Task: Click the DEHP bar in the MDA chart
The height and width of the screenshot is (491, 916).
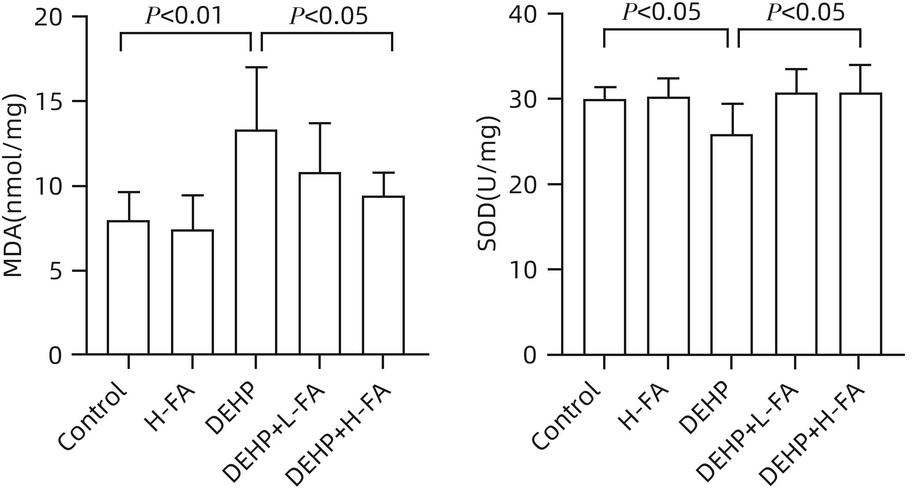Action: click(x=256, y=243)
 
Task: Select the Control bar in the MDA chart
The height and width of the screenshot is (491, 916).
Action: click(x=128, y=288)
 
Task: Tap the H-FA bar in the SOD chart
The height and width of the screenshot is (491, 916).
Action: click(x=668, y=226)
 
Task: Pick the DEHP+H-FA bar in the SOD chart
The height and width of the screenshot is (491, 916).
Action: click(x=860, y=224)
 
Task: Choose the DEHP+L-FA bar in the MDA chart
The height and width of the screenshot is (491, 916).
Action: click(x=319, y=264)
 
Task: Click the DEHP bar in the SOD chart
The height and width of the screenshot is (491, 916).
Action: click(x=731, y=245)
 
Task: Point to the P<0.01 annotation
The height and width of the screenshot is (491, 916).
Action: click(x=184, y=16)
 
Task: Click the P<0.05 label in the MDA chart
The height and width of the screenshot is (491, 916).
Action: click(x=329, y=16)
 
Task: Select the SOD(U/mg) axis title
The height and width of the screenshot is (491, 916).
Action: click(x=488, y=184)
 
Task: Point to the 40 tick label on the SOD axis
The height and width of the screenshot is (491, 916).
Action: click(x=524, y=14)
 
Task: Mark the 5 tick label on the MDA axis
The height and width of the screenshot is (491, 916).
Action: click(x=55, y=271)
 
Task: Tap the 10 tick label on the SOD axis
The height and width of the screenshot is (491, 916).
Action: click(x=524, y=270)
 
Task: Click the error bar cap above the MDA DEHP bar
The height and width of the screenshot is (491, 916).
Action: click(x=256, y=68)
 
